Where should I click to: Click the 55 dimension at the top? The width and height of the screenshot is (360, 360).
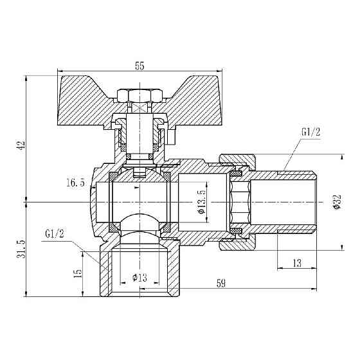[139, 66]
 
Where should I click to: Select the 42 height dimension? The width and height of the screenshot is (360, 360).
[22, 145]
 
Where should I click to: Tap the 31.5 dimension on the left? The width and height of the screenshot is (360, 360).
[21, 249]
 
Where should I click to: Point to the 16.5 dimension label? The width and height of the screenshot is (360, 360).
[76, 183]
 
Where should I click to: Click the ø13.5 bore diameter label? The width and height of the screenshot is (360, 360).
[201, 202]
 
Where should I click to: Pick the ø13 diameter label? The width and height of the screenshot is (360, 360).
[139, 278]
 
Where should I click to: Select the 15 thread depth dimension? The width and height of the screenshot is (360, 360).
[78, 274]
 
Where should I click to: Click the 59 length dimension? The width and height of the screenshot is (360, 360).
[221, 283]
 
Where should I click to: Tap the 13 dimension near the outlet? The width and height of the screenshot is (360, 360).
[297, 263]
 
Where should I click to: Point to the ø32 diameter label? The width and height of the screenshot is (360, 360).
[337, 202]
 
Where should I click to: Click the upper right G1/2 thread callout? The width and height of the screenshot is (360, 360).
[310, 132]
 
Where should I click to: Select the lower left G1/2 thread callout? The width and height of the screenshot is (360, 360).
[55, 234]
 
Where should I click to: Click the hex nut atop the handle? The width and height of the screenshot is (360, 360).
[140, 95]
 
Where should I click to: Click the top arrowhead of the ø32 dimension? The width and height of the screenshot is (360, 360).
[342, 157]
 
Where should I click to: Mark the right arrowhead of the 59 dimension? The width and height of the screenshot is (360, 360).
[314, 289]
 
